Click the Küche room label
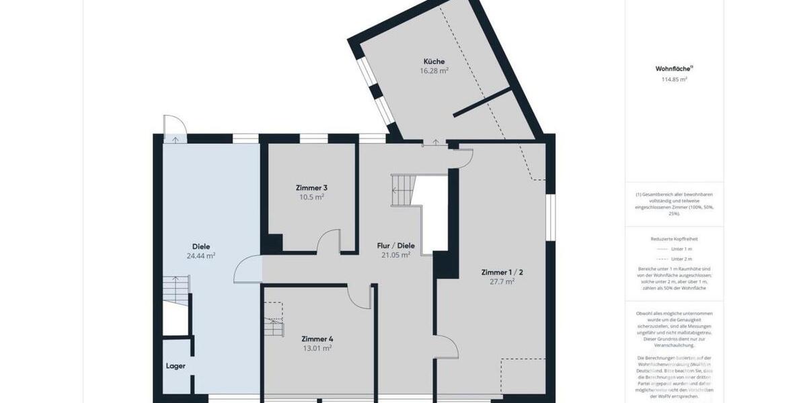[433, 61]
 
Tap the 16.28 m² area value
[433, 71]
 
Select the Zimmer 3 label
[311, 187]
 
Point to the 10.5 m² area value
[311, 197]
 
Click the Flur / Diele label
[395, 246]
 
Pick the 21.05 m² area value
[395, 255]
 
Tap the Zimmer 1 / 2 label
[502, 272]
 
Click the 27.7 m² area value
[502, 281]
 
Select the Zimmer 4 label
[317, 339]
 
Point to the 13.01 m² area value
[317, 348]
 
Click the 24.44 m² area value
[200, 255]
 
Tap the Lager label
[176, 366]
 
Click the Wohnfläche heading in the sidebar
[674, 69]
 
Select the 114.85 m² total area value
[674, 79]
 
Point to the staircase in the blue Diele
[176, 291]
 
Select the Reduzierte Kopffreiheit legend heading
[674, 238]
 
